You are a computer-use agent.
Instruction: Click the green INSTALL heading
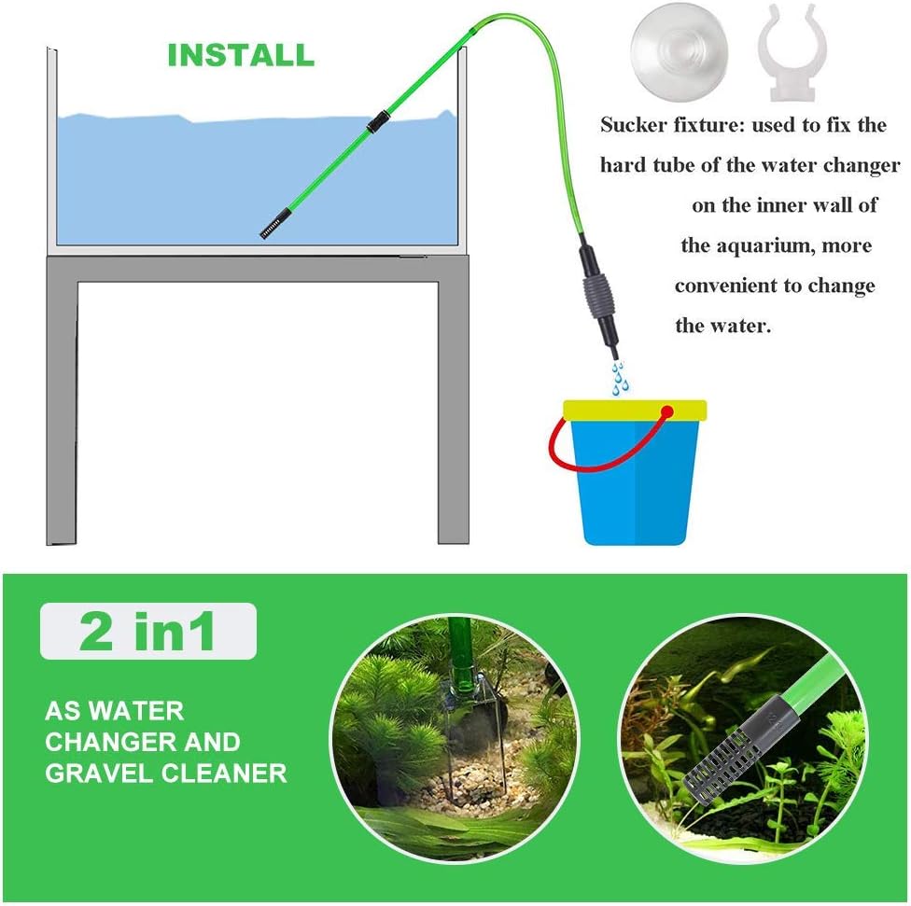pos(240,55)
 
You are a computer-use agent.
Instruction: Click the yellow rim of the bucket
pos(635,410)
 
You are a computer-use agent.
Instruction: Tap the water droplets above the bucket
pos(619,378)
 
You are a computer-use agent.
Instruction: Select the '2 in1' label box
pos(147,632)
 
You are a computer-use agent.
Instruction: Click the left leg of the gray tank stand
pos(63,411)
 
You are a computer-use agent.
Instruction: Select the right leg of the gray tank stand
pos(453,411)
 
